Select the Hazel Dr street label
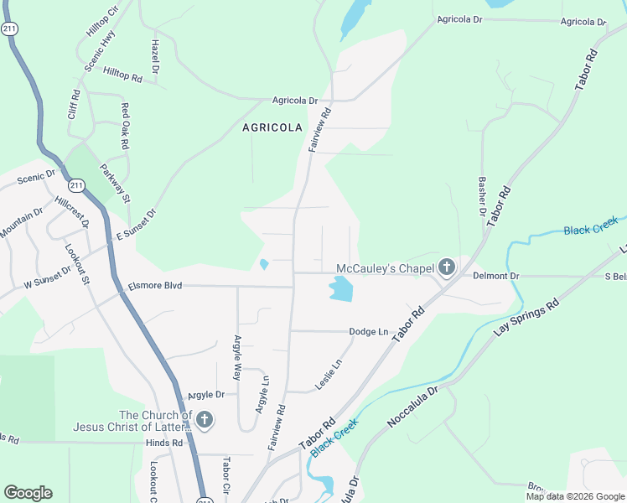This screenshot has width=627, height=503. [x=156, y=54]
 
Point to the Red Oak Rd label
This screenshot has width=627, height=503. [x=125, y=126]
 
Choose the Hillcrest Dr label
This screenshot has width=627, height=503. [x=71, y=213]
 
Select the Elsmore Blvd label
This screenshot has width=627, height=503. [x=154, y=286]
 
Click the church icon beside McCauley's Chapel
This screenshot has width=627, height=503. [x=447, y=268]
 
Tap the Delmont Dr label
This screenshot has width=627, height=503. [x=496, y=275]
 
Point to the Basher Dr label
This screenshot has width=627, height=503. [x=483, y=195]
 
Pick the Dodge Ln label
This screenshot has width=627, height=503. [x=369, y=332]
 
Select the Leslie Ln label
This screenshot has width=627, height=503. [x=329, y=375]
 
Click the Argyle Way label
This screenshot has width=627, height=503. [x=236, y=360]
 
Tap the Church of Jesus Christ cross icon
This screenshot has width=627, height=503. [x=205, y=419]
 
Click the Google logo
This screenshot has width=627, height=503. [x=28, y=493]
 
